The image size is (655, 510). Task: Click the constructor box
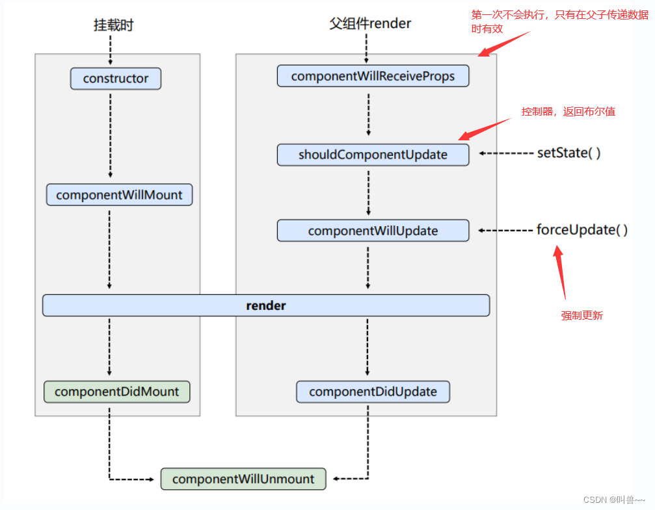pyautogui.click(x=116, y=79)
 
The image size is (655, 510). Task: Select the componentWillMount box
pyautogui.click(x=119, y=195)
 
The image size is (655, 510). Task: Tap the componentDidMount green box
pyautogui.click(x=116, y=392)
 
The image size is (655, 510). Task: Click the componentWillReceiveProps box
pyautogui.click(x=373, y=76)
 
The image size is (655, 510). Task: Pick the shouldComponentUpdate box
pyautogui.click(x=373, y=155)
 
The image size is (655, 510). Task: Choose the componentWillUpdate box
pyautogui.click(x=373, y=231)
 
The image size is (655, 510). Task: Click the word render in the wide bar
pyautogui.click(x=266, y=305)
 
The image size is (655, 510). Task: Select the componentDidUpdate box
pyautogui.click(x=373, y=392)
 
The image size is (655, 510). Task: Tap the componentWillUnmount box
pyautogui.click(x=243, y=479)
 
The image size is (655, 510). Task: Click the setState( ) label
pyautogui.click(x=568, y=153)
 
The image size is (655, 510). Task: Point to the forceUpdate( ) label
pyautogui.click(x=581, y=230)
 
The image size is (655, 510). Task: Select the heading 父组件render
pyautogui.click(x=370, y=24)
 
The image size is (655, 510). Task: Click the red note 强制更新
pyautogui.click(x=581, y=316)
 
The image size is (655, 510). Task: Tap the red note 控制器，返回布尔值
pyautogui.click(x=567, y=112)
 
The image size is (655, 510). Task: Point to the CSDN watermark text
pyautogui.click(x=613, y=500)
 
